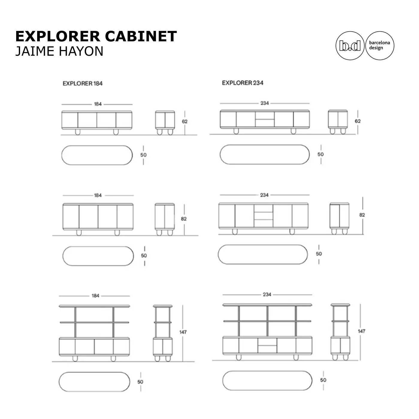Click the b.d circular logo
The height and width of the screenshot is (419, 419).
pyautogui.click(x=350, y=46)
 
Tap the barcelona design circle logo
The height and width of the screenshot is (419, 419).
pyautogui.click(x=379, y=46)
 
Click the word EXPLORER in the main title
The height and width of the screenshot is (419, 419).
pyautogui.click(x=58, y=36)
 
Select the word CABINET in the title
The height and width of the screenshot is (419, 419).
pyautogui.click(x=141, y=36)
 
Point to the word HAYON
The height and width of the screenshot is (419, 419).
pyautogui.click(x=81, y=51)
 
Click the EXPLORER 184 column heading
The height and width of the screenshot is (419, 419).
pyautogui.click(x=82, y=84)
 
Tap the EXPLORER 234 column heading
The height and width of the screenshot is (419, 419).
pyautogui.click(x=242, y=83)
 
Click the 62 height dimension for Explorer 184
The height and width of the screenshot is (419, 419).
pyautogui.click(x=184, y=121)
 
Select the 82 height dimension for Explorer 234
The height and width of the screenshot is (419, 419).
pyautogui.click(x=362, y=215)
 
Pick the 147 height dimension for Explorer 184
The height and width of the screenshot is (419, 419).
pyautogui.click(x=183, y=332)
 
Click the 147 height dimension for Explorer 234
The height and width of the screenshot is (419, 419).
pyautogui.click(x=361, y=331)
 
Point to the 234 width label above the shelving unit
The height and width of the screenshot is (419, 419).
pyautogui.click(x=267, y=294)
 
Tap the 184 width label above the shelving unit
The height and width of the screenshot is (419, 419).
pyautogui.click(x=95, y=296)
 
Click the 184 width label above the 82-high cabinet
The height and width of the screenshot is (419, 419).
pyautogui.click(x=98, y=195)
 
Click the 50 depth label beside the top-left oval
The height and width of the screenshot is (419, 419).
pyautogui.click(x=143, y=155)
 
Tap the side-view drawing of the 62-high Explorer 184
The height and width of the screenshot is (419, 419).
pyautogui.click(x=165, y=123)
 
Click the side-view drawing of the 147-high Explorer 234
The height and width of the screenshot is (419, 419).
pyautogui.click(x=340, y=332)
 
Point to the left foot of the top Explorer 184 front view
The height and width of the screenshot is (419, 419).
pyautogui.click(x=78, y=132)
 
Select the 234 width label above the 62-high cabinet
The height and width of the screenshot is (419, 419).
pyautogui.click(x=265, y=103)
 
